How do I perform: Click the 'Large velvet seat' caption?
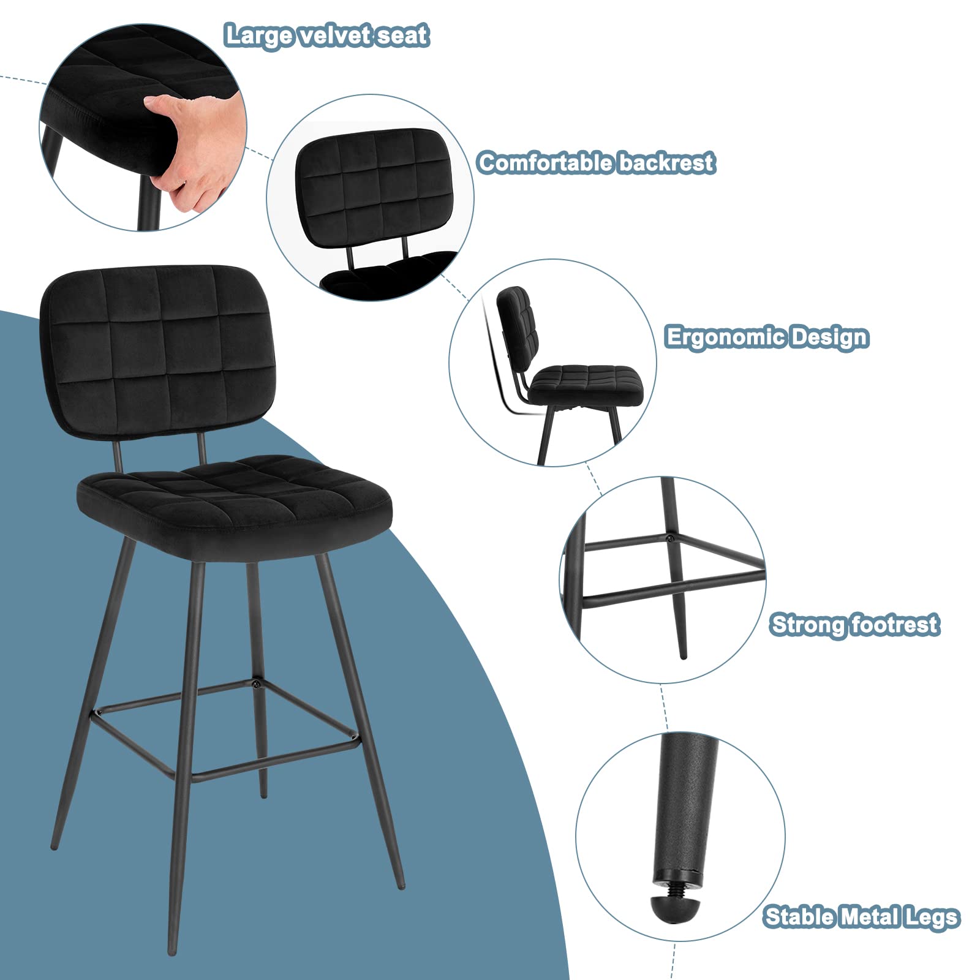(327, 36)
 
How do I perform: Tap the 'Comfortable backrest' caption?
(596, 163)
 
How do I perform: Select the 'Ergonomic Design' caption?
(767, 337)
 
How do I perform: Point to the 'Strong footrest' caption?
(854, 625)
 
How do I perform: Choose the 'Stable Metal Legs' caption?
(862, 917)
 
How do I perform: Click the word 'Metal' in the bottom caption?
(875, 917)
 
